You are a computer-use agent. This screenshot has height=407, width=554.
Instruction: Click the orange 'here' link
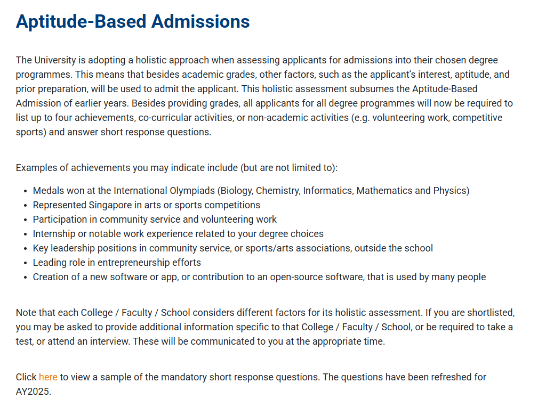tap(48, 377)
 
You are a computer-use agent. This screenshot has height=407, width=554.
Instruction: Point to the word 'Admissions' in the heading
tap(200, 21)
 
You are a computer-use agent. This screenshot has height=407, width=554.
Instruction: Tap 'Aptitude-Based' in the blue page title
tap(81, 21)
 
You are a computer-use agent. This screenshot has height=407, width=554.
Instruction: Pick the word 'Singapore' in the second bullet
tap(113, 205)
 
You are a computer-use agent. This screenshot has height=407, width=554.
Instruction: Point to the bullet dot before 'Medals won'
tap(26, 191)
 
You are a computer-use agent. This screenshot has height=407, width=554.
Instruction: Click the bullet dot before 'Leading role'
tap(26, 263)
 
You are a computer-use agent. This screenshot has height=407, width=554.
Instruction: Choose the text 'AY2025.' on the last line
tap(34, 392)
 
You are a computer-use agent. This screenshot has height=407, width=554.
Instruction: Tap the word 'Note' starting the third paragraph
tap(26, 313)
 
